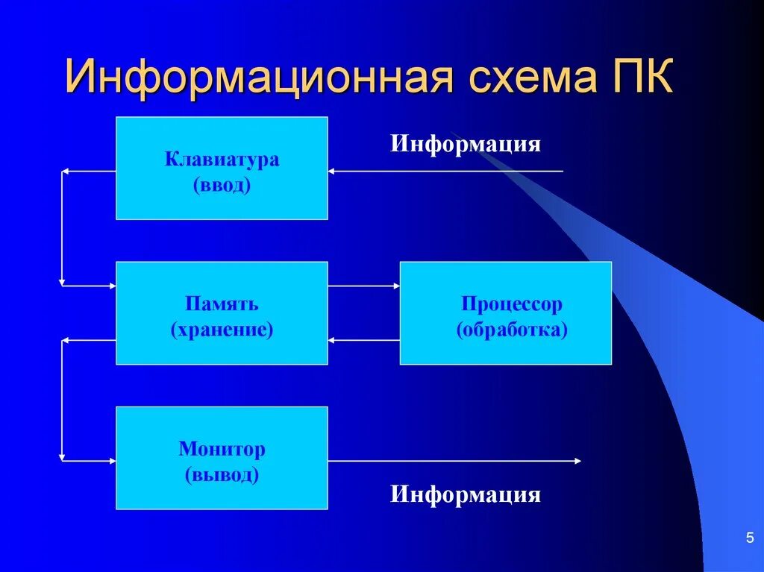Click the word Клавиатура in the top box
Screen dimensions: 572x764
coord(222,159)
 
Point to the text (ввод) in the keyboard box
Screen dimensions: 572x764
coord(222,185)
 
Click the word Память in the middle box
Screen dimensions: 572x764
coord(222,304)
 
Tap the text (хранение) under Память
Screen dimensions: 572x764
coord(222,329)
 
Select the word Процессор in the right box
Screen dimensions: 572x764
coord(511,304)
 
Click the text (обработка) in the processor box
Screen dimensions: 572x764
coord(511,329)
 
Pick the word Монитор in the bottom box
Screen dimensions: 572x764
coord(222,449)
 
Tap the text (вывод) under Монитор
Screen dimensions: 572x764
coord(222,474)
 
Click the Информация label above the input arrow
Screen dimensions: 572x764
coord(465,142)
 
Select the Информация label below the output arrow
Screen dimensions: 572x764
coord(465,494)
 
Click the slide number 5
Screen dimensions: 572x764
coord(748,538)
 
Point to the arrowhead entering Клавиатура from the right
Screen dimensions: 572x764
coord(333,172)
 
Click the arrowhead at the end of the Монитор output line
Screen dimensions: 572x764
coord(577,461)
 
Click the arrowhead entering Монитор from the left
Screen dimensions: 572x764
coord(111,461)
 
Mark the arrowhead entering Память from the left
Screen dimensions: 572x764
coord(111,286)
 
